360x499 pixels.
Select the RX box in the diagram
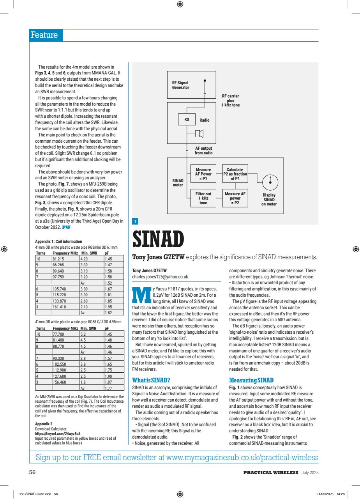click(187, 120)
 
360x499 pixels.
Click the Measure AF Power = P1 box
click(203, 174)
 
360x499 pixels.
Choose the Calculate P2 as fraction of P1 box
click(235, 174)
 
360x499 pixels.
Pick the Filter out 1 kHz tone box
click(203, 198)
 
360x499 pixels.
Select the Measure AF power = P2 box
click(235, 198)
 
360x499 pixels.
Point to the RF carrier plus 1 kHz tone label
click(230, 101)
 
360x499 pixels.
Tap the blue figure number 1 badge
click(135, 222)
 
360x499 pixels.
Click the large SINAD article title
click(157, 240)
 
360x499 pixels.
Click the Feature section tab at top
click(45, 35)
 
